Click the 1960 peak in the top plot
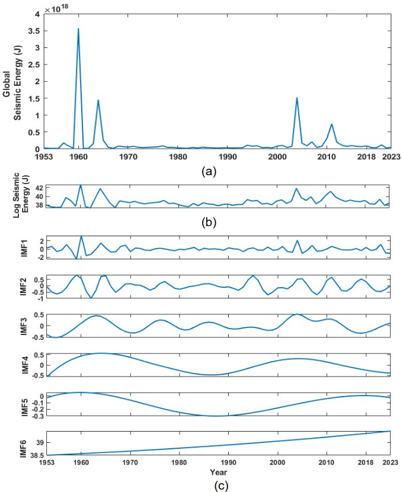[x=78, y=29]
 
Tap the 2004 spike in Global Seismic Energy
[x=296, y=98]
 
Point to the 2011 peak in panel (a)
[x=332, y=124]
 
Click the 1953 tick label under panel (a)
[x=44, y=157]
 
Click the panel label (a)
[x=209, y=171]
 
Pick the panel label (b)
[x=209, y=223]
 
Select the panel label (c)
[x=209, y=485]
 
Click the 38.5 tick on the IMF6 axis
[x=34, y=455]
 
